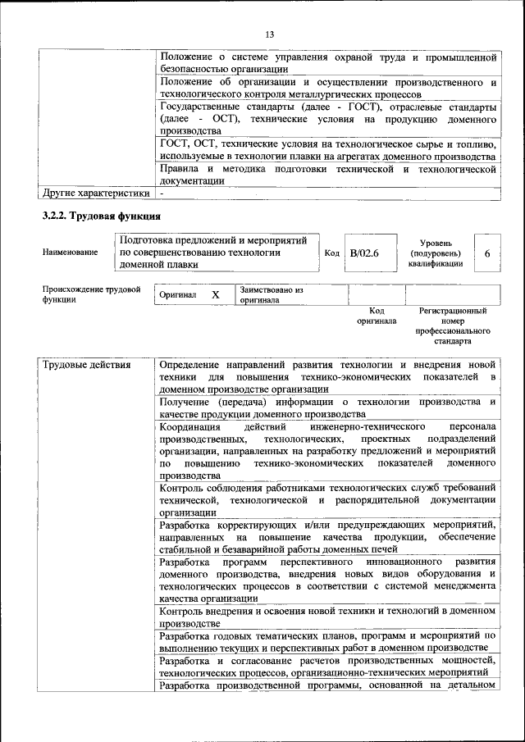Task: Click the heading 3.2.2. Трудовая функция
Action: tap(101, 216)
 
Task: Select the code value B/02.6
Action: tap(364, 253)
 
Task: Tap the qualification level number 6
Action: tap(487, 253)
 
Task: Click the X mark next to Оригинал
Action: tap(216, 295)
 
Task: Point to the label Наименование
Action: tap(69, 253)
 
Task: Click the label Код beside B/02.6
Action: tap(332, 253)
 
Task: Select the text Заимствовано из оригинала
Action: tap(272, 295)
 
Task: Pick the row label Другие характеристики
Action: tap(95, 193)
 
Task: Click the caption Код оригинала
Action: tap(377, 316)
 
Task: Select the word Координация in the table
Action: tap(190, 427)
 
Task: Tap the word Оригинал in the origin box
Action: tap(178, 295)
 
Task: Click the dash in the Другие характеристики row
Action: tap(162, 193)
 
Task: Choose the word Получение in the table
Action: tap(185, 402)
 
